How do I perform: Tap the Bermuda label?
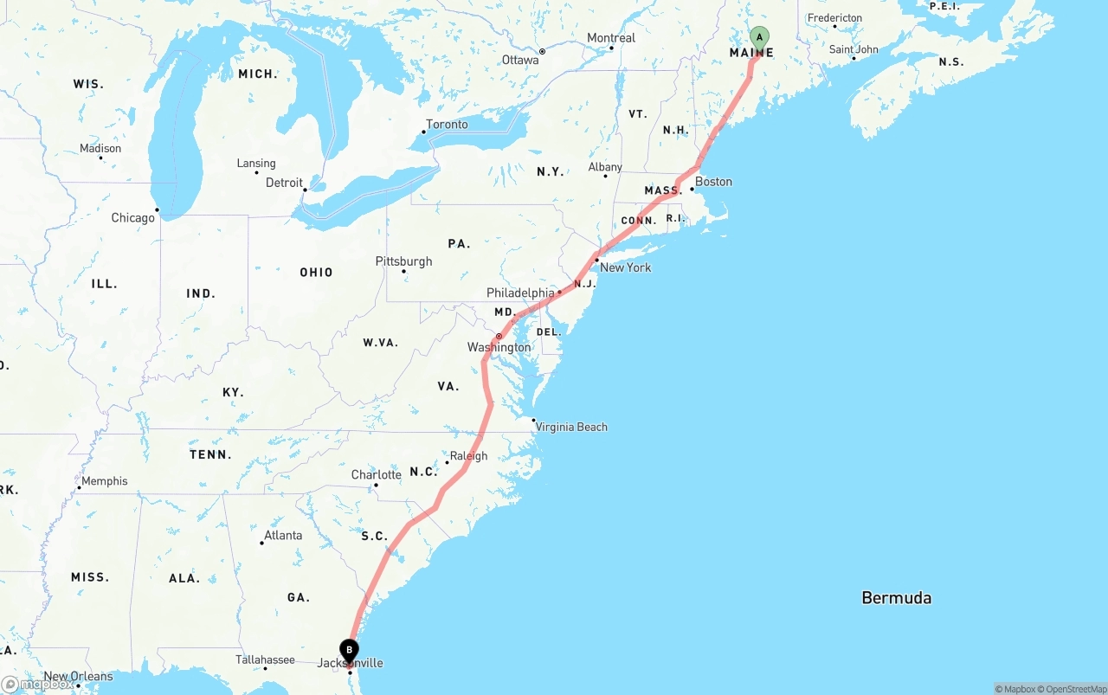[x=896, y=597]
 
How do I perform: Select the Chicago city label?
[x=132, y=218]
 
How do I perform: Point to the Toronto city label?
[x=447, y=125]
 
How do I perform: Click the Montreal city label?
[x=611, y=38]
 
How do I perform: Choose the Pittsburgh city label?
[x=403, y=261]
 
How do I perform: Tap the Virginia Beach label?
[x=571, y=427]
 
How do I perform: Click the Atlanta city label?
[x=283, y=536]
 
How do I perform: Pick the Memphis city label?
[x=104, y=481]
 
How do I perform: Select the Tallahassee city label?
[x=265, y=660]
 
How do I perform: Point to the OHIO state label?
[x=316, y=273]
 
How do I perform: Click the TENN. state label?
[x=210, y=454]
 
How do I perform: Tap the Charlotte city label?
[x=376, y=475]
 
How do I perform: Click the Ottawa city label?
[x=519, y=60]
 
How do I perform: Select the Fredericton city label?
[x=834, y=18]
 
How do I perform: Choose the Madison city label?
[x=100, y=149]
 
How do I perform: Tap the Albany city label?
[x=605, y=167]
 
